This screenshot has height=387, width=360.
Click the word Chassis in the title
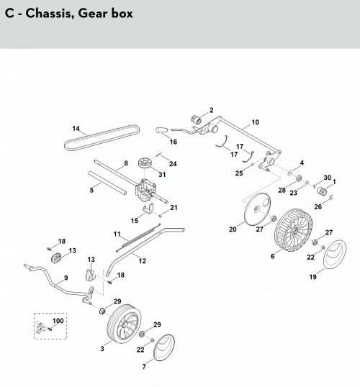[x=49, y=13]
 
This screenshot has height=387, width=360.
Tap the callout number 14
[x=76, y=128]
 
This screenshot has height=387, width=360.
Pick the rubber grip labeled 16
[x=161, y=130]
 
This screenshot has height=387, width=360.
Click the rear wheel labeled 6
[x=292, y=230]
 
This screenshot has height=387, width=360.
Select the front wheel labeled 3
[x=124, y=324]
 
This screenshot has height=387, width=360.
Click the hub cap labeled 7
[x=164, y=347]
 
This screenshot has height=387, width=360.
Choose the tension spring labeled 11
[x=138, y=237]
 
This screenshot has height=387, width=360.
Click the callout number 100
[x=58, y=321]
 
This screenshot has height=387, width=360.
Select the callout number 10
[x=255, y=122]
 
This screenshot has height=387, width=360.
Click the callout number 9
[x=66, y=278]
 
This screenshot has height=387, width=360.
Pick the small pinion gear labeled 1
[x=321, y=191]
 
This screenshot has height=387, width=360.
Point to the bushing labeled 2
[x=197, y=119]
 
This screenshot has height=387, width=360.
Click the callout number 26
[x=318, y=206]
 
